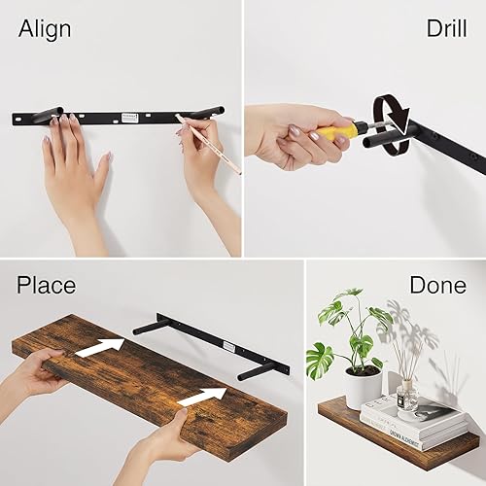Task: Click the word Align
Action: click(45, 28)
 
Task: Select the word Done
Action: click(437, 285)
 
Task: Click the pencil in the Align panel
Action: click(208, 143)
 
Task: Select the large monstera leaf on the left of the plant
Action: click(320, 358)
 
